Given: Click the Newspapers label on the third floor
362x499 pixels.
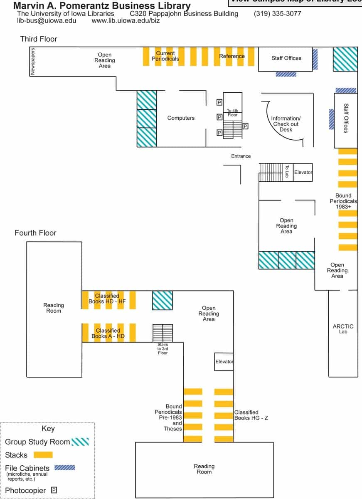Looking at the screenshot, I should (33, 61).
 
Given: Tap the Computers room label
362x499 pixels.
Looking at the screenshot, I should (181, 118).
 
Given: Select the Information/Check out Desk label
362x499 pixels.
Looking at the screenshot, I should (286, 124).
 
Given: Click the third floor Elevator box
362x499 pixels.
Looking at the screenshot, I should (303, 172).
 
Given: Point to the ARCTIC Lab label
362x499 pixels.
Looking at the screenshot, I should (343, 329).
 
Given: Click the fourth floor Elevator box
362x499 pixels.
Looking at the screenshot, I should (224, 361).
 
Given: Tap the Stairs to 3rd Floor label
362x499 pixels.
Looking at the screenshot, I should (163, 348).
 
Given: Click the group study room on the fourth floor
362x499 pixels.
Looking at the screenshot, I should (162, 300).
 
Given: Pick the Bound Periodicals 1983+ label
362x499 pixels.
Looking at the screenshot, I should (343, 201).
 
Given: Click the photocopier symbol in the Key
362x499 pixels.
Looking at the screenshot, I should (54, 490).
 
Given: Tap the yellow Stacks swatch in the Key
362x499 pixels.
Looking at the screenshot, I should (43, 455).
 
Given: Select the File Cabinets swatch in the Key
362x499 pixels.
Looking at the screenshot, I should (65, 467).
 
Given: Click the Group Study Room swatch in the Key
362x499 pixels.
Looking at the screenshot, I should (80, 442).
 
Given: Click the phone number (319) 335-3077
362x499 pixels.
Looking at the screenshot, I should (277, 14).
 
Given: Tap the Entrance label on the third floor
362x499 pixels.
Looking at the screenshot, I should (241, 156).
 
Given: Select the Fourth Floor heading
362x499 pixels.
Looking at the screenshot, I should (35, 233).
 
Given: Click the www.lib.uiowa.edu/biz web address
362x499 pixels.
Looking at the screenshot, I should (126, 20).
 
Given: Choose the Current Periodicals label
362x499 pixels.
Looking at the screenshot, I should (165, 56).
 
